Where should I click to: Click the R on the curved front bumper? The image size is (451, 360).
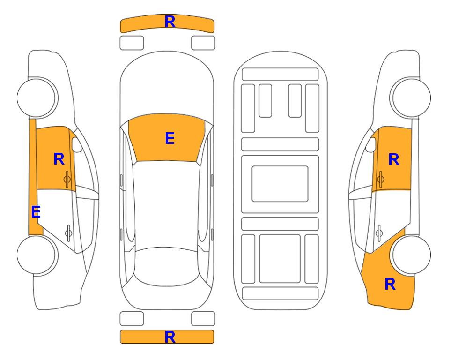tap(170, 22)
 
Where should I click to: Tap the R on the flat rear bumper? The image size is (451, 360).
tap(170, 337)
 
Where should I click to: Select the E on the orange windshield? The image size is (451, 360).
tap(170, 138)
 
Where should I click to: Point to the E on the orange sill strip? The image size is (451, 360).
tap(36, 212)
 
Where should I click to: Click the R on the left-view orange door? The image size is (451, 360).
tap(59, 159)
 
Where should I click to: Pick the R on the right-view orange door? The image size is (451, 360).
tap(394, 159)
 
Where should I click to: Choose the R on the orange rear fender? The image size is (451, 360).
tap(390, 284)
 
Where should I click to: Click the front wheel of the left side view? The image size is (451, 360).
tap(37, 97)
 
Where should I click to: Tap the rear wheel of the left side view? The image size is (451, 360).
tap(37, 255)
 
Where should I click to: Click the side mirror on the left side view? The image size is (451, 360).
tap(77, 144)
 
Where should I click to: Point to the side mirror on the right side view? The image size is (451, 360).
tap(371, 144)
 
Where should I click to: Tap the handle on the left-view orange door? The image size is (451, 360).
tap(67, 179)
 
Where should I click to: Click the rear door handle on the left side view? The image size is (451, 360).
tap(68, 232)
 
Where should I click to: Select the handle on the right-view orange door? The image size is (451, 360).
tap(381, 179)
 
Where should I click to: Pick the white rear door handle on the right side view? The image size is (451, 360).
tap(379, 232)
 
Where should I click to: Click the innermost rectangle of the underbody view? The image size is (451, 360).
tap(280, 184)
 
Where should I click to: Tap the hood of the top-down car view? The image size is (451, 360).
tap(167, 86)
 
